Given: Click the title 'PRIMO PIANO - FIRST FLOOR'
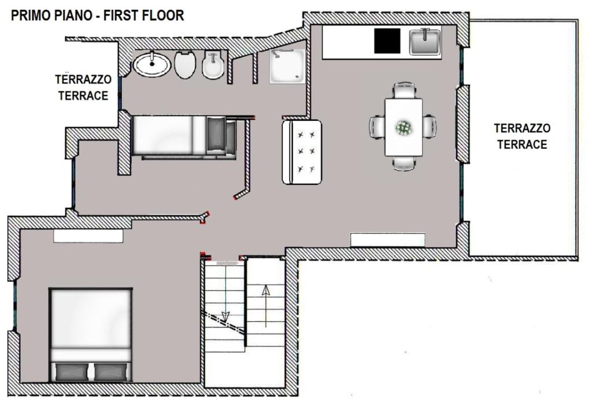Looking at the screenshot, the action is click(97, 16).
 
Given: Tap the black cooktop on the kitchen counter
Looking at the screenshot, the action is click(387, 41).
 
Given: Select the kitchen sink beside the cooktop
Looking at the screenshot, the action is click(425, 42).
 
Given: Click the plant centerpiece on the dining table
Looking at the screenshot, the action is click(404, 128).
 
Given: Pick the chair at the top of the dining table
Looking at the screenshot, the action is click(404, 91).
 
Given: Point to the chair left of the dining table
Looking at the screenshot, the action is click(377, 127).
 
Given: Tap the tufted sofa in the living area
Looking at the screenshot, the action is click(302, 152).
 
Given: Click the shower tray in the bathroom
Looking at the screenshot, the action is click(287, 66).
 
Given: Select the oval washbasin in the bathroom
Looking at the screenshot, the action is click(152, 64).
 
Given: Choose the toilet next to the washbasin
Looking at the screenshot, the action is click(185, 64).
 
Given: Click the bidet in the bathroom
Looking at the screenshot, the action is click(213, 65).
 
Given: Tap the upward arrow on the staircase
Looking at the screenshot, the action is click(266, 306).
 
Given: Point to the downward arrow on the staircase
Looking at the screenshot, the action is click(225, 294).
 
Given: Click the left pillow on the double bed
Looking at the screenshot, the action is click(72, 372).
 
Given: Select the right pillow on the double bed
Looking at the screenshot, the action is click(112, 372).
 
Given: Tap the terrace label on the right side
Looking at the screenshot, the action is click(522, 136).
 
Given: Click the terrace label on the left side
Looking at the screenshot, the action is click(83, 87).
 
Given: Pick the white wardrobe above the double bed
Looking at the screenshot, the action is click(88, 236).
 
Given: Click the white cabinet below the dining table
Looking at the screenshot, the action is click(388, 240).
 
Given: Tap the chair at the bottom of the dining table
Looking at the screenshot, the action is click(404, 163).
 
